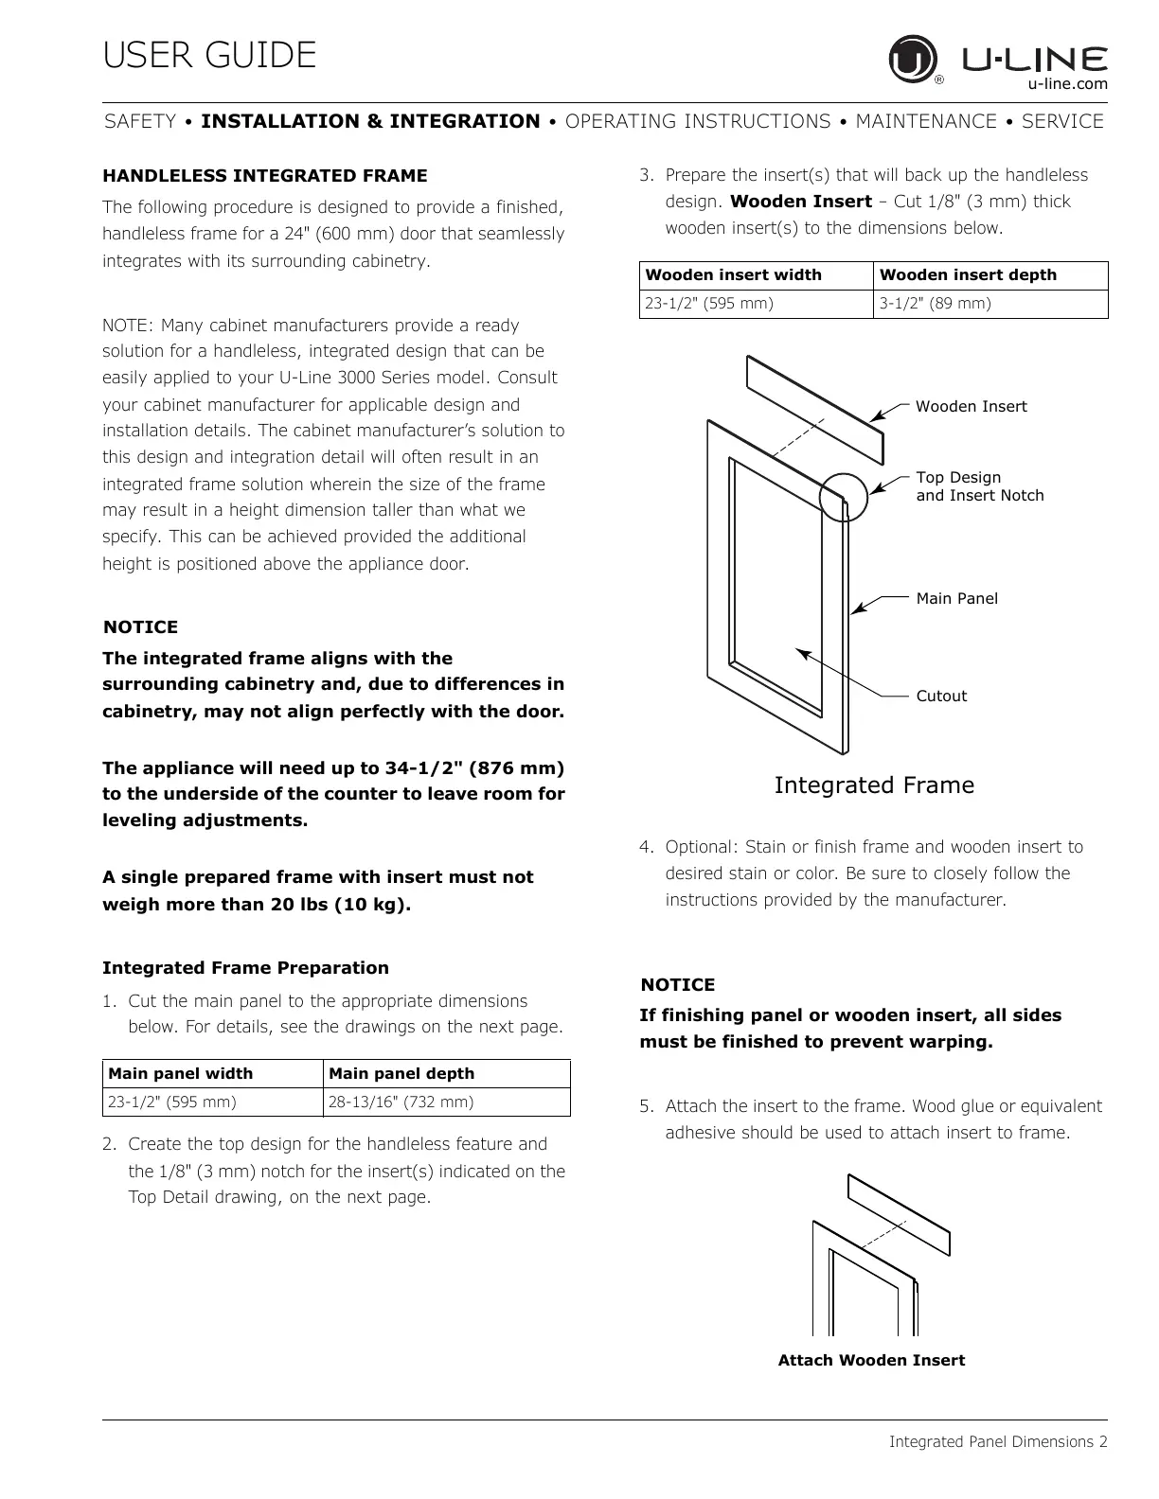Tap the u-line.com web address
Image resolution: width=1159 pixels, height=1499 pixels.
pos(1067,83)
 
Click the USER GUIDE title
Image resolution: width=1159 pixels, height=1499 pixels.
pos(209,55)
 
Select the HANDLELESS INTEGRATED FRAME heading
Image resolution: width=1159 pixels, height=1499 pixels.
pos(265,176)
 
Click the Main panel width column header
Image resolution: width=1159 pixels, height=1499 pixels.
pos(181,1073)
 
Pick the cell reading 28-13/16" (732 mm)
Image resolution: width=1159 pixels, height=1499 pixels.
pos(401,1102)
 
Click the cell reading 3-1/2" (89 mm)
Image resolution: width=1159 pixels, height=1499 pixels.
pos(936,304)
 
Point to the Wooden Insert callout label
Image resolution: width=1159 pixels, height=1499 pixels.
pos(971,407)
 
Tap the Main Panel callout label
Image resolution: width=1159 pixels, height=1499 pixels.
pos(956,598)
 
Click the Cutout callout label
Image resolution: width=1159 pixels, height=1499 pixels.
pos(941,697)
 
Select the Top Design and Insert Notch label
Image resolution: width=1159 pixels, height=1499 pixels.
pos(979,486)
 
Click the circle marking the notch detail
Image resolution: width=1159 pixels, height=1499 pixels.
pos(843,496)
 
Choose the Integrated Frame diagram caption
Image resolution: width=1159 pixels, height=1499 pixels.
pos(874,785)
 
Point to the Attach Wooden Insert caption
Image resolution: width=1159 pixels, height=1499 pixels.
pos(871,1361)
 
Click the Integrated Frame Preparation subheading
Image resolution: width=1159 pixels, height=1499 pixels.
pos(245,968)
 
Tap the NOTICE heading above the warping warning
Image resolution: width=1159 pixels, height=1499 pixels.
pos(678,985)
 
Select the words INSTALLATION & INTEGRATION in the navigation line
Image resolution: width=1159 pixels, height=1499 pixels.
pos(370,121)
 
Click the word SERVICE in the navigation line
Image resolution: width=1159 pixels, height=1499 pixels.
pos(1062,121)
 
